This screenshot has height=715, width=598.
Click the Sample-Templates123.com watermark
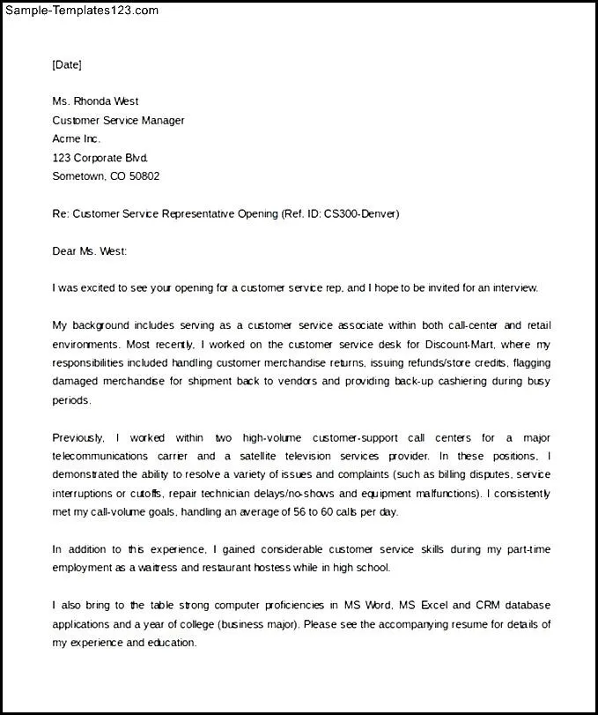coord(80,11)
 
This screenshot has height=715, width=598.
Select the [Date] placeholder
coord(67,64)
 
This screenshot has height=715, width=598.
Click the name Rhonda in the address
coord(93,101)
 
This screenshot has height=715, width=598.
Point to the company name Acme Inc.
coord(77,138)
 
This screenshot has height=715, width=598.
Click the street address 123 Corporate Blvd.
coord(100,158)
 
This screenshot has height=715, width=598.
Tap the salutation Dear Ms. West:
coord(90,251)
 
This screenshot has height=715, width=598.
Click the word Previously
coord(78,437)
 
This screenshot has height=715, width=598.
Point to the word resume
coord(427,624)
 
